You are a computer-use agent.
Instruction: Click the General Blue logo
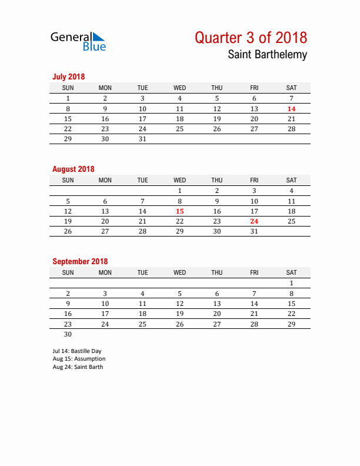pyautogui.click(x=78, y=41)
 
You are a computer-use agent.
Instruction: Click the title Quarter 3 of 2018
pyautogui.click(x=251, y=38)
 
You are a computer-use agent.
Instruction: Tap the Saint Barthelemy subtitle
pyautogui.click(x=267, y=55)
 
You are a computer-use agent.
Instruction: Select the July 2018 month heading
pyautogui.click(x=69, y=76)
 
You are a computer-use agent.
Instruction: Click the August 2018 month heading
pyautogui.click(x=73, y=169)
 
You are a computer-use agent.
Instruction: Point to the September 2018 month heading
pyautogui.click(x=80, y=261)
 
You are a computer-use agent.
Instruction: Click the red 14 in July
pyautogui.click(x=291, y=109)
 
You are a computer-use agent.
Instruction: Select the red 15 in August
pyautogui.click(x=180, y=211)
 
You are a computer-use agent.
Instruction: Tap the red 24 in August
pyautogui.click(x=254, y=221)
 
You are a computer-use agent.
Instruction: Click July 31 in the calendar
pyautogui.click(x=142, y=139)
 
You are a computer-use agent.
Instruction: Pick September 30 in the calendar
pyautogui.click(x=68, y=334)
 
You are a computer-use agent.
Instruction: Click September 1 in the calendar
pyautogui.click(x=291, y=283)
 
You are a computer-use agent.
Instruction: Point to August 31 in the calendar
pyautogui.click(x=254, y=231)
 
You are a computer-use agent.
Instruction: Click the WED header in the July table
pyautogui.click(x=180, y=88)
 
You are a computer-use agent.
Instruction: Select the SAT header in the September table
pyautogui.click(x=291, y=272)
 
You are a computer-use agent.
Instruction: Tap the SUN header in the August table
pyautogui.click(x=68, y=180)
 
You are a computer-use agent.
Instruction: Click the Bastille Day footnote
pyautogui.click(x=76, y=351)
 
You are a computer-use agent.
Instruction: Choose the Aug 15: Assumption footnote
pyautogui.click(x=79, y=359)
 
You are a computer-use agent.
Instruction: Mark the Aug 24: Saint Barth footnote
pyautogui.click(x=78, y=367)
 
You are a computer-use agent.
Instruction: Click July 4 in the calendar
pyautogui.click(x=180, y=98)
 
